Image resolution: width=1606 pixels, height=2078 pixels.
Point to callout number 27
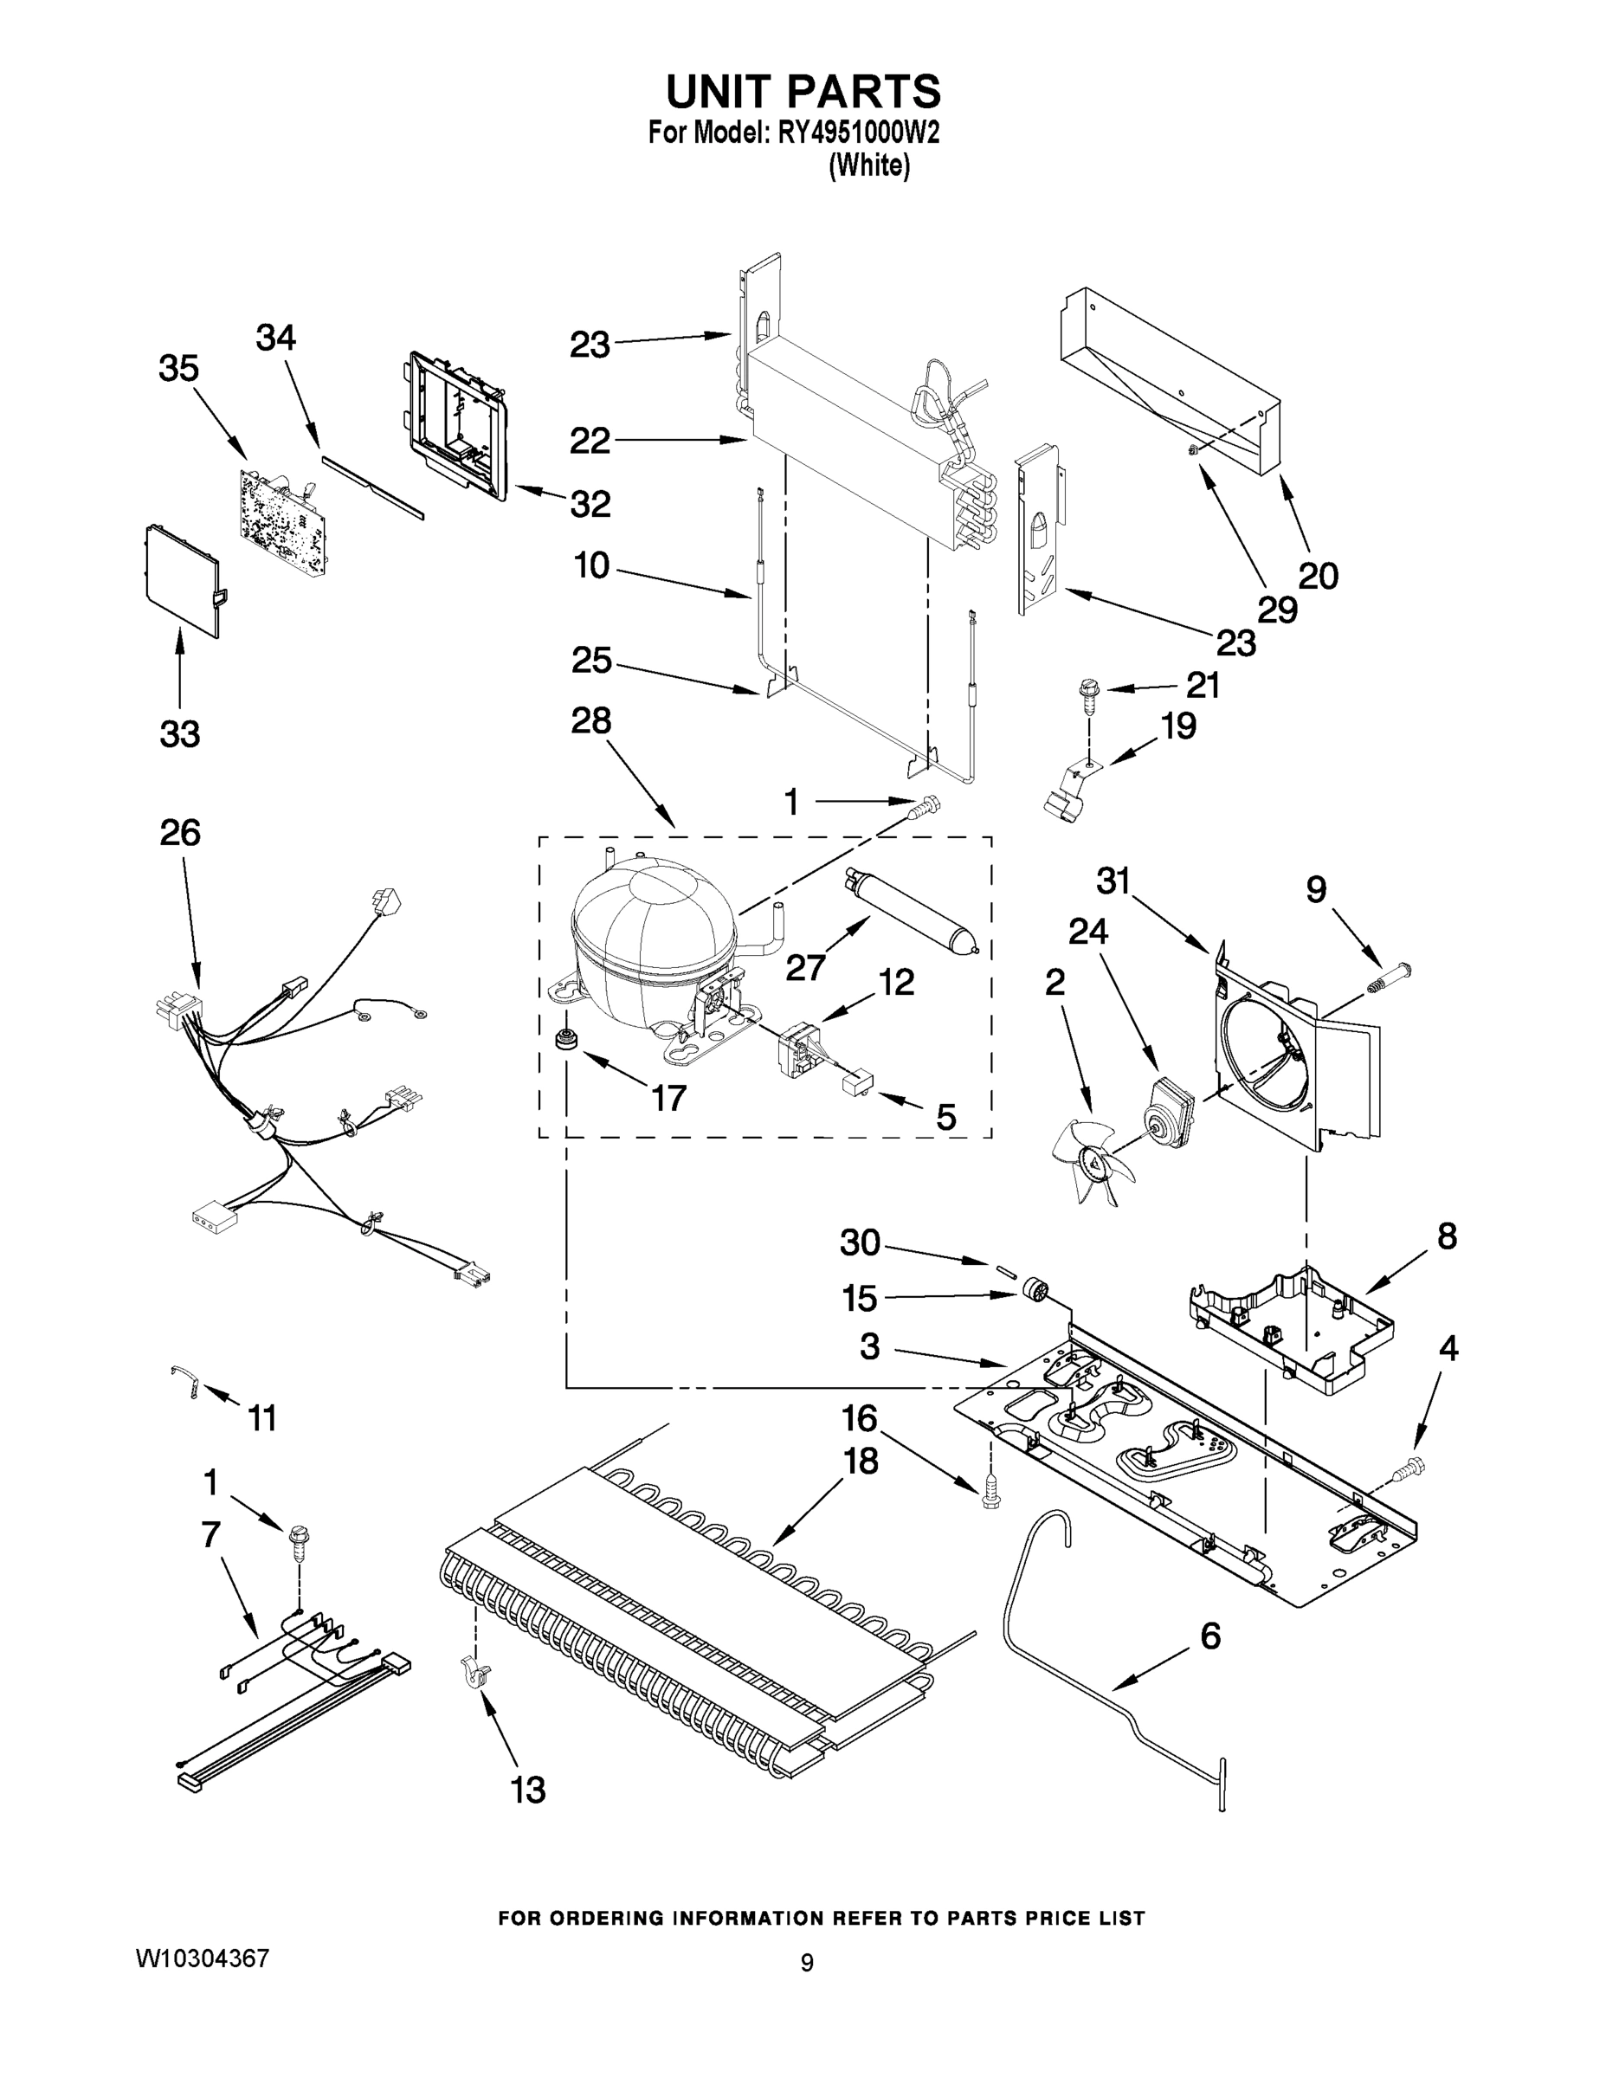pos(806,968)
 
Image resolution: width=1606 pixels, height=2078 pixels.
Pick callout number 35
pos(178,369)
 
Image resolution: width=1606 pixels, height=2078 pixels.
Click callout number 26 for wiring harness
pos(179,833)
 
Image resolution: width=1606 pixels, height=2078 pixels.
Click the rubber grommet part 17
pos(566,1038)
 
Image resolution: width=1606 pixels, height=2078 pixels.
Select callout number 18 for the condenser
pos(861,1461)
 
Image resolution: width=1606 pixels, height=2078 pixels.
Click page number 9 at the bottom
pos(806,1962)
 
